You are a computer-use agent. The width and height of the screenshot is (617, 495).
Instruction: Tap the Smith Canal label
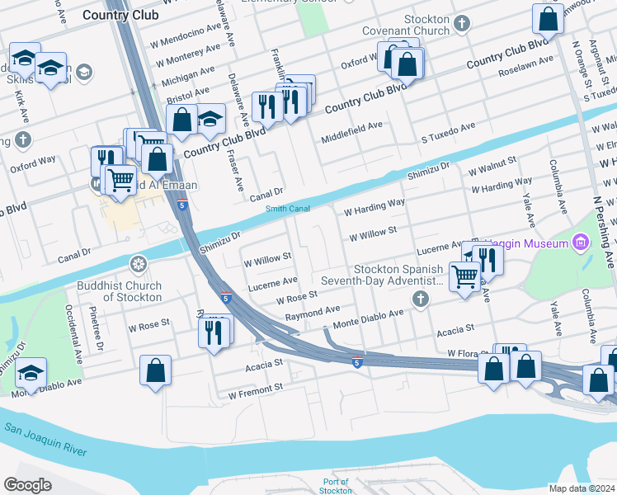pos(288,209)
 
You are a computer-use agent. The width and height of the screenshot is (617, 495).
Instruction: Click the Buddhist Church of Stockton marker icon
pos(139,264)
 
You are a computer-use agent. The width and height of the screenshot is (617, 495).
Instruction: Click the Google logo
pos(27,484)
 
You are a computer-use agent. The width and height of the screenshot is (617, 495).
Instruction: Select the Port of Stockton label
pos(336,486)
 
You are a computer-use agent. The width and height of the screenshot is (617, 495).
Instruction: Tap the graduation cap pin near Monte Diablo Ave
pos(31,373)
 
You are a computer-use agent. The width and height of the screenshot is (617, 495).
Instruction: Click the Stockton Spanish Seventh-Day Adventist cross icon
pos(422,299)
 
